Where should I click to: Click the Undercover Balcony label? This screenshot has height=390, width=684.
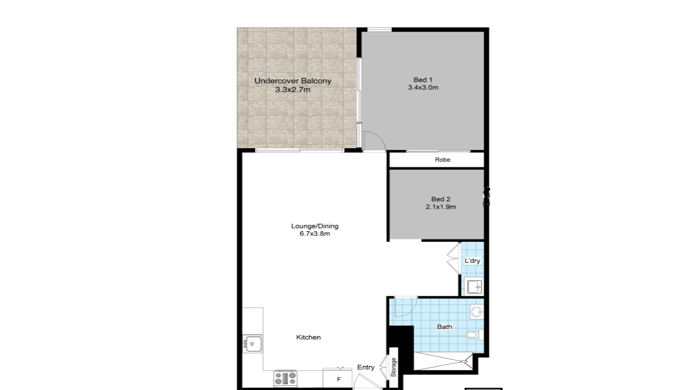(293, 81)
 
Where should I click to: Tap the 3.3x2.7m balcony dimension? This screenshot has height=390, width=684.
(293, 90)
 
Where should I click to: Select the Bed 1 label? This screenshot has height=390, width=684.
(423, 80)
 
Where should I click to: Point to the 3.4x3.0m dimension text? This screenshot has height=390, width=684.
(423, 87)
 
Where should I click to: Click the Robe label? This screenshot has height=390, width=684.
(442, 159)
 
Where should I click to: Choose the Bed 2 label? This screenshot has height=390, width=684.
(441, 199)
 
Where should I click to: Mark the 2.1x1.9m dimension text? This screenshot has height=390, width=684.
(441, 207)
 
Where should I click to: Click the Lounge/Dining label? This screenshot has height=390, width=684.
(315, 226)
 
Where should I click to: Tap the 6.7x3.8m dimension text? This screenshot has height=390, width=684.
(315, 234)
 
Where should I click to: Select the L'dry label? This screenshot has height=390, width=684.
(472, 260)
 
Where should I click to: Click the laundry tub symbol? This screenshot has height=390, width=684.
(474, 287)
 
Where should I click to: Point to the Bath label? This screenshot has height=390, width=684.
(444, 327)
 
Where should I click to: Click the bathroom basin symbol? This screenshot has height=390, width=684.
(477, 312)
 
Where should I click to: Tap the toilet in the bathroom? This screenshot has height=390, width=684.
(473, 335)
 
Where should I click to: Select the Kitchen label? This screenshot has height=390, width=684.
(308, 337)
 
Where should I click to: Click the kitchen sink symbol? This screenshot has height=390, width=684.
(252, 344)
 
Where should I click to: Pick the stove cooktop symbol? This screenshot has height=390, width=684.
(285, 378)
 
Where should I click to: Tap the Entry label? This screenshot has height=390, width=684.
(365, 367)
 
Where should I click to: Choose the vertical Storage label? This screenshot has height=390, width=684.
(393, 367)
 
